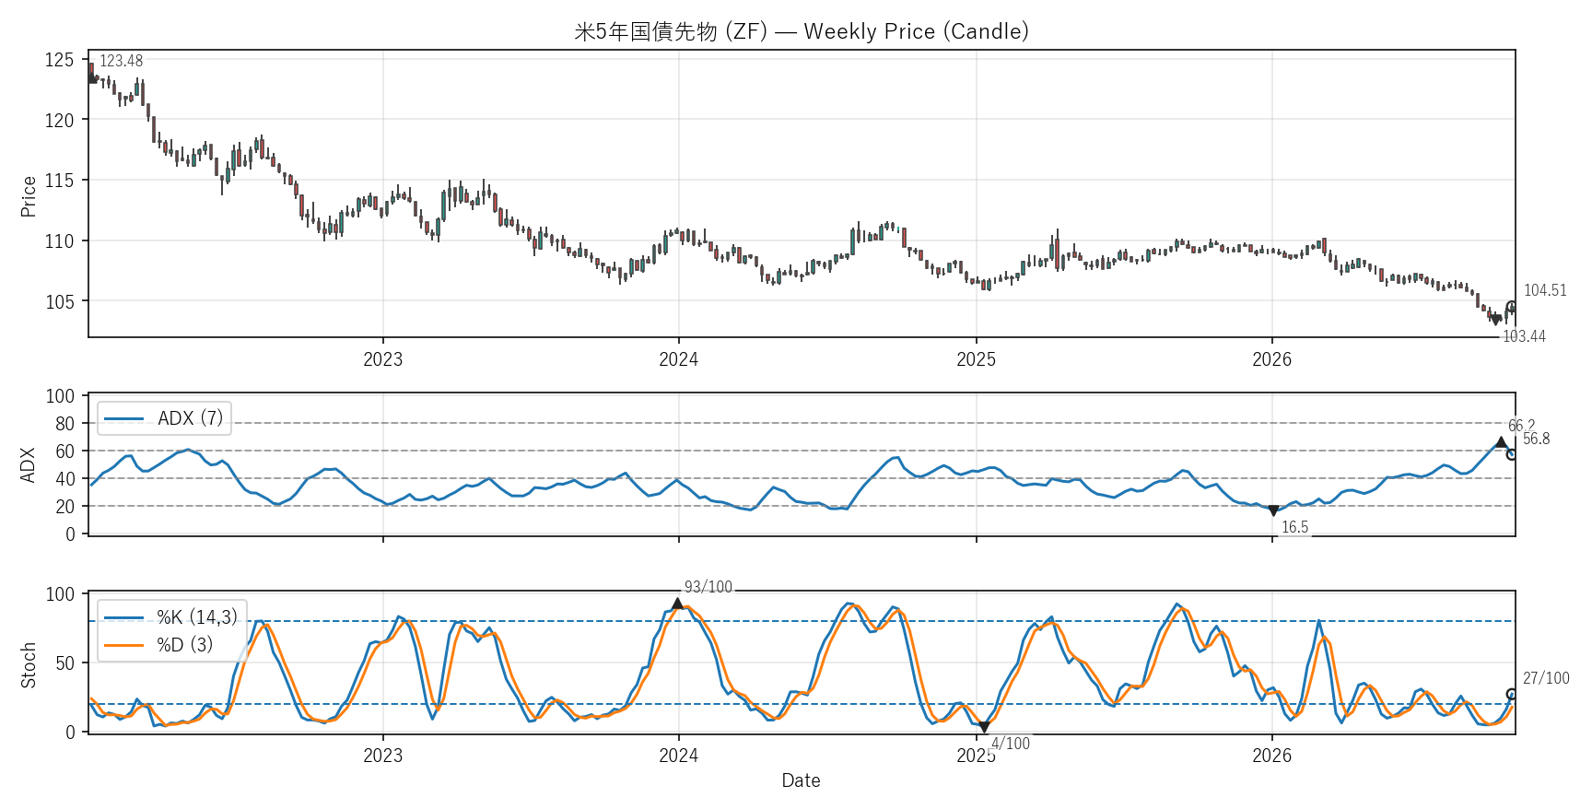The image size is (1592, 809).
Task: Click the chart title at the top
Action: [x=801, y=31]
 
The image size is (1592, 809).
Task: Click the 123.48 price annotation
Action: [x=121, y=61]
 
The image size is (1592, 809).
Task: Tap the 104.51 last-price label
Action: [x=1545, y=290]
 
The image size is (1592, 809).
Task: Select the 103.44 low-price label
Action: [x=1524, y=336]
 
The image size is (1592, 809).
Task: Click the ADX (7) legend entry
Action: [x=164, y=418]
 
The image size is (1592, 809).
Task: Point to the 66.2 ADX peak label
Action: [x=1521, y=427]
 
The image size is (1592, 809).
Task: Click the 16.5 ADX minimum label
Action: [x=1294, y=527]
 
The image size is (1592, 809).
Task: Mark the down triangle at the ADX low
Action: [x=1273, y=510]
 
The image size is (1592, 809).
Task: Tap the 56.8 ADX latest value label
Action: [x=1536, y=439]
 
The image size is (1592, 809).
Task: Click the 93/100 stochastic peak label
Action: [x=708, y=587]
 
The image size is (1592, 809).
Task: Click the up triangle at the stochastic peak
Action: [x=678, y=604]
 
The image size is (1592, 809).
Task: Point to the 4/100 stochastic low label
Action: [x=1011, y=744]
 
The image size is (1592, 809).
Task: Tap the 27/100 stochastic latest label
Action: [x=1546, y=678]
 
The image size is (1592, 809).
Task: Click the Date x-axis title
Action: [x=801, y=780]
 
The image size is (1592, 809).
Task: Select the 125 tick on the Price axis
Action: [x=59, y=60]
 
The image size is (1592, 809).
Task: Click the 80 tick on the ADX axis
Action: [x=64, y=424]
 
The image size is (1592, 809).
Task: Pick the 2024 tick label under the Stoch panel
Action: [x=678, y=756]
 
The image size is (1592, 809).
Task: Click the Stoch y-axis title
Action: [x=29, y=664]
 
